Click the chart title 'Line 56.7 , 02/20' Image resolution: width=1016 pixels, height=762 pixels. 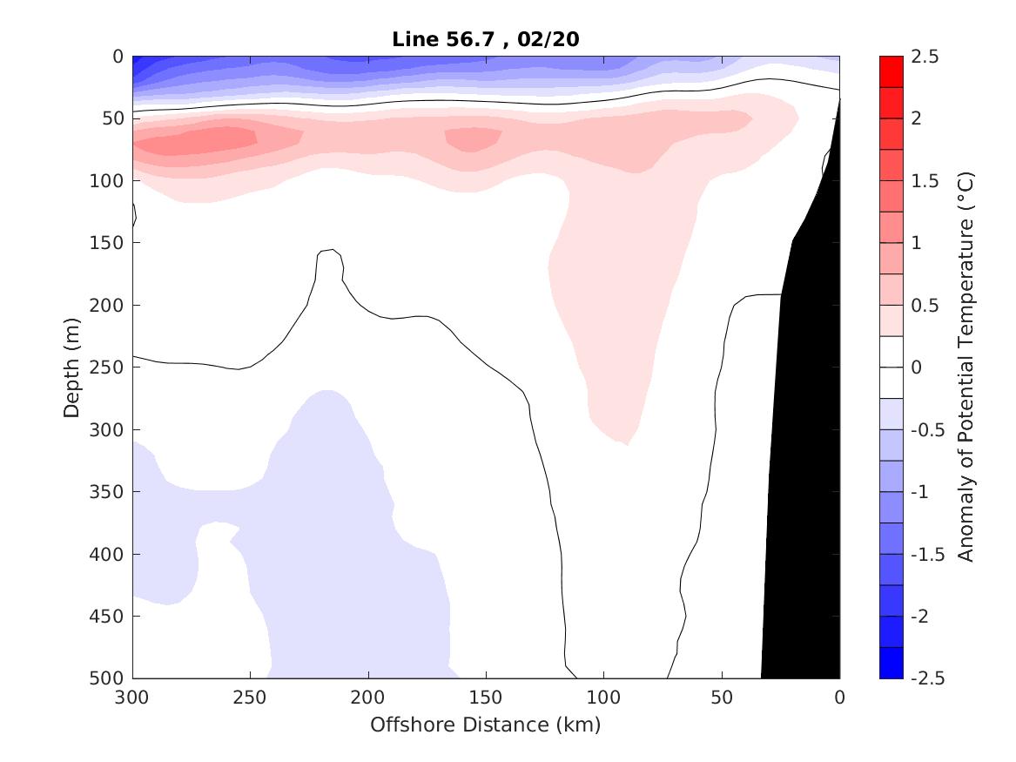pos(486,38)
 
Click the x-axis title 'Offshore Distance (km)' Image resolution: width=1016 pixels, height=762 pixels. pos(486,725)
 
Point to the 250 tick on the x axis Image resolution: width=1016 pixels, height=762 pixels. pos(250,698)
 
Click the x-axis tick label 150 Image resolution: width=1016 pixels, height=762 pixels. pos(486,698)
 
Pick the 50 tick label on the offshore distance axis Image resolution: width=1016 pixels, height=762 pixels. pos(722,698)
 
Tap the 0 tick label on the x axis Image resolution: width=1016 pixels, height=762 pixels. pos(839,698)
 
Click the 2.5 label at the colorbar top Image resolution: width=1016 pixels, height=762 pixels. pos(925,57)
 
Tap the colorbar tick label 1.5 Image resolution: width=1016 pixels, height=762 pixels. pos(925,181)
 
